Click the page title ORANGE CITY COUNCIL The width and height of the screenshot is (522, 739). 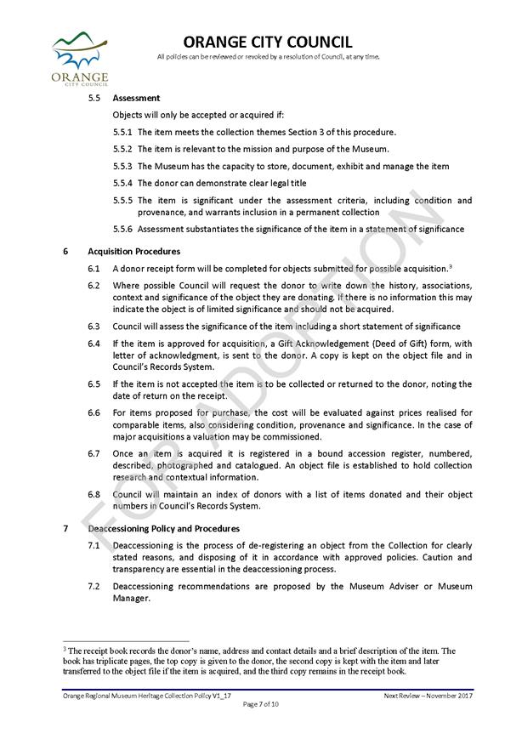(x=268, y=43)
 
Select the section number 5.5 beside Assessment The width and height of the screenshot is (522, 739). (x=94, y=99)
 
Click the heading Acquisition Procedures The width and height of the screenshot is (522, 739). (x=133, y=252)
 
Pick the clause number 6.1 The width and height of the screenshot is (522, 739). (x=94, y=268)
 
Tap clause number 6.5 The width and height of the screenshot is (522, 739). (x=94, y=384)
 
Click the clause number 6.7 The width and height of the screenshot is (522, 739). (x=94, y=454)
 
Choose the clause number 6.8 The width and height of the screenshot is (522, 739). (x=94, y=495)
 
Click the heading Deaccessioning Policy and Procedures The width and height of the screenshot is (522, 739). (x=163, y=529)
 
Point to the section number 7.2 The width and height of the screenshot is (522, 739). (x=94, y=587)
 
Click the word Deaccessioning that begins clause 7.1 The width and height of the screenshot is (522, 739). (x=145, y=545)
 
